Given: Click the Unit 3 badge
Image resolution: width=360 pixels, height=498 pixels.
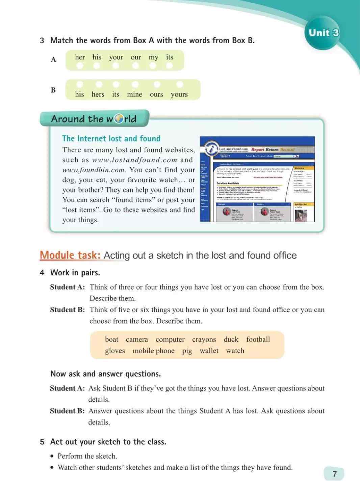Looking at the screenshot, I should tap(323, 33).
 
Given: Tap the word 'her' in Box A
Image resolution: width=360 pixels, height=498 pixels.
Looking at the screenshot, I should tap(80, 57).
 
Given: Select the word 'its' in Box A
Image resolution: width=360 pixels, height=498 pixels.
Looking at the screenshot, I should tap(170, 57).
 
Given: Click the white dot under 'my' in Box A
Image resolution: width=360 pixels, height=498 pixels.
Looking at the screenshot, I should tap(153, 66).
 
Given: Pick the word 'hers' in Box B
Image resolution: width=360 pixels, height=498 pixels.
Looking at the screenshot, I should tap(98, 94).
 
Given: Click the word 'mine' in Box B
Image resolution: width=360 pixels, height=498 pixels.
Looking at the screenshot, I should tap(134, 94).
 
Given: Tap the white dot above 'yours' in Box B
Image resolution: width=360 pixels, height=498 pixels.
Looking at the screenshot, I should tap(180, 84).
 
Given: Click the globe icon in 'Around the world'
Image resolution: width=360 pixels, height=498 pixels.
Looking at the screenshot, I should tap(119, 119).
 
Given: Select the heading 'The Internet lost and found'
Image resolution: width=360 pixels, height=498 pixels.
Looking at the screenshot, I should tap(111, 139).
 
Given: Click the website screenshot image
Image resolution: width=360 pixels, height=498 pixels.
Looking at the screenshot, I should tap(257, 179).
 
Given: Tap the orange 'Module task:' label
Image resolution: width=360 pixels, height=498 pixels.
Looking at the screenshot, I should tap(70, 255).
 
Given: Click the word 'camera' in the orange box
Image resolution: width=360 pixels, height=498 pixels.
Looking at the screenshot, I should tap(137, 340).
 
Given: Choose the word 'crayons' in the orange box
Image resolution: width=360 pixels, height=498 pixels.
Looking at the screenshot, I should tap(204, 340).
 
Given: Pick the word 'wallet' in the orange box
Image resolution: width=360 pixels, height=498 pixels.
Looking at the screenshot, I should tap(209, 351).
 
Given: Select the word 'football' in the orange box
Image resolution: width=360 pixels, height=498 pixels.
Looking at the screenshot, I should tap(258, 340).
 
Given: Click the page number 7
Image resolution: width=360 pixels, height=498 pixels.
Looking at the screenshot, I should tap(334, 474).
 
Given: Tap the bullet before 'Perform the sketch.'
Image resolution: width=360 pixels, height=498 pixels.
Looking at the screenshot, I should tap(52, 456).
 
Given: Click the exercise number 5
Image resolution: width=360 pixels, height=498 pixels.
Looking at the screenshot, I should tap(42, 442).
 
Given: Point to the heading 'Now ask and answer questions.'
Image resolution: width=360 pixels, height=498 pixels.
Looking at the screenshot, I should tap(105, 374).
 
